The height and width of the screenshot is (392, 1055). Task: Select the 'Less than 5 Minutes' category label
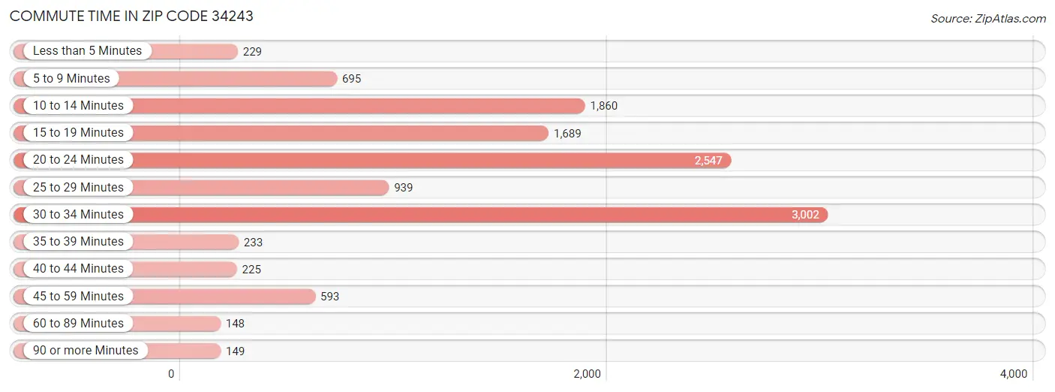[87, 51]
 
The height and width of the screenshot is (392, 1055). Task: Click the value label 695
[351, 79]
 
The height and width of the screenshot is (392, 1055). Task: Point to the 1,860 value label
[603, 106]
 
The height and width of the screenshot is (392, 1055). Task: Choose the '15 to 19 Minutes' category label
[78, 133]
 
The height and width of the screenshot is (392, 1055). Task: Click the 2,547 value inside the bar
[708, 161]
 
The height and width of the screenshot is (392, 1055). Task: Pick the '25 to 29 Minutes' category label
[78, 188]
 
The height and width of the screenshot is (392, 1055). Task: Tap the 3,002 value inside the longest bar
[805, 215]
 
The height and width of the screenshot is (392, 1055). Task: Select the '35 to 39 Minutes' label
[78, 242]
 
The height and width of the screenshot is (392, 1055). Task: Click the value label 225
[252, 269]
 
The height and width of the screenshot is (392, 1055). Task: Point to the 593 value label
[329, 297]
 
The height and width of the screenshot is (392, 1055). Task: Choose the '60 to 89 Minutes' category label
[78, 324]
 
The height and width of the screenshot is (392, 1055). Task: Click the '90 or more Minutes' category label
[86, 351]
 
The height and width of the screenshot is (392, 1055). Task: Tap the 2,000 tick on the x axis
[587, 374]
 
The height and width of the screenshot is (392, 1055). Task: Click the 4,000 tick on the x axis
[1013, 374]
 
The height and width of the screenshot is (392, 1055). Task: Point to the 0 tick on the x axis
[171, 374]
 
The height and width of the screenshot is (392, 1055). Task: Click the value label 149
[235, 351]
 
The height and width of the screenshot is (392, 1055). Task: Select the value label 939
[403, 188]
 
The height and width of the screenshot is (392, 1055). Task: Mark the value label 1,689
[567, 133]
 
